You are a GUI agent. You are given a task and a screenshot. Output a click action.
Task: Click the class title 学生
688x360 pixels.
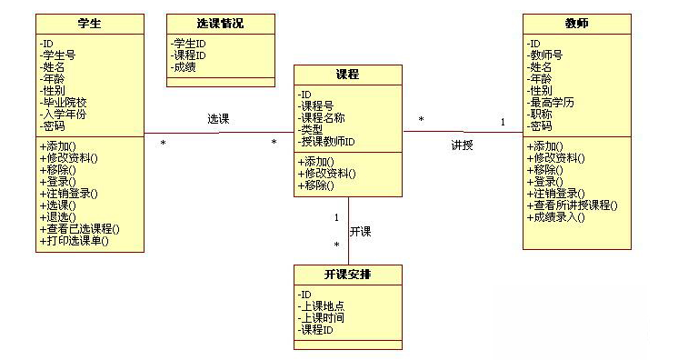(x=89, y=23)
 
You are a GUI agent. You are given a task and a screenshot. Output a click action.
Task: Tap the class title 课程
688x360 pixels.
(x=347, y=74)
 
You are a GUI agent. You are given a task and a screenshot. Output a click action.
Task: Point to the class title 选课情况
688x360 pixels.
(x=220, y=23)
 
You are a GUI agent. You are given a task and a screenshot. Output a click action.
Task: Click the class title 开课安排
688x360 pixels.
(x=347, y=274)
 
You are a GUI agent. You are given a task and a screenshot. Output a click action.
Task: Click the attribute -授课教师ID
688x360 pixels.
(x=326, y=141)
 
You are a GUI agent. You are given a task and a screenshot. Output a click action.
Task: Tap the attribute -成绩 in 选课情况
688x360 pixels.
(x=185, y=66)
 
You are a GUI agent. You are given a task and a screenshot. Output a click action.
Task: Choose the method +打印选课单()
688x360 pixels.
(x=74, y=241)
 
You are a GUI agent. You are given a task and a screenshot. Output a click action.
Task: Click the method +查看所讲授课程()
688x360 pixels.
(x=572, y=205)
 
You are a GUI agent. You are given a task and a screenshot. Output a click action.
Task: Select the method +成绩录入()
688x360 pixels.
(x=555, y=217)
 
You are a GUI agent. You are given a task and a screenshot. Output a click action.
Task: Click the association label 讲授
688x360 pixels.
(x=463, y=145)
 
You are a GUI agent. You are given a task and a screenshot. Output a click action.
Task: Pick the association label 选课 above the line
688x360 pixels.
(x=217, y=119)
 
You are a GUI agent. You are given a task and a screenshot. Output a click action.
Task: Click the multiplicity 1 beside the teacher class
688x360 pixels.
(x=502, y=122)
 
